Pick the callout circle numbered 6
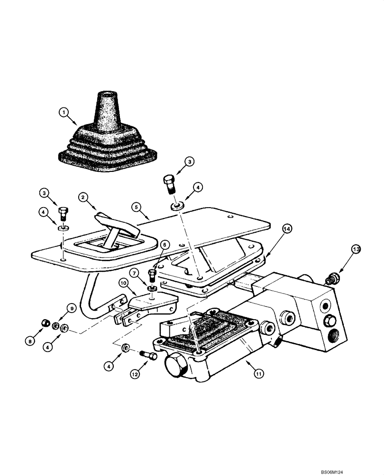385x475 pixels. pos(165,244)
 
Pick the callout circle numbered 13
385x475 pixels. pos(356,249)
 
